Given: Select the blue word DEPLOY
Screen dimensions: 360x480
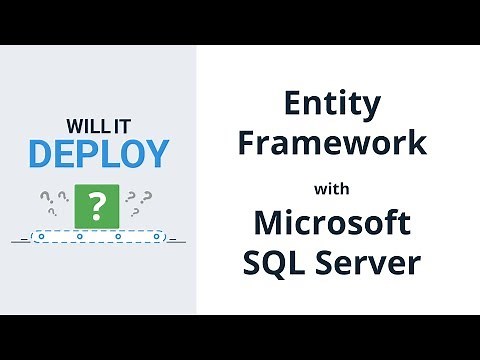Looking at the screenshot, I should coord(98,155).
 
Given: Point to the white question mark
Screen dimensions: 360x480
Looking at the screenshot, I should coord(97,206).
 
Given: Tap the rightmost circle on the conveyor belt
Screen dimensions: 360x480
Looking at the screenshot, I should coord(155,238).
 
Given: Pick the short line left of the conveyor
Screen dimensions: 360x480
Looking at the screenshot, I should coord(20,240).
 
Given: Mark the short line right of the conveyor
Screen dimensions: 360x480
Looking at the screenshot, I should coord(171,240).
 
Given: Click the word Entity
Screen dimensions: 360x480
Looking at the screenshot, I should coord(335,104).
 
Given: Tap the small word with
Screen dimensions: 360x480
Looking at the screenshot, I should coord(335,186).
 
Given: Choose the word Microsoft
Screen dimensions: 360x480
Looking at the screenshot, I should coord(335,222).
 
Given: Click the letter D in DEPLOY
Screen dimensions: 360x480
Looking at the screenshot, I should coord(40,155).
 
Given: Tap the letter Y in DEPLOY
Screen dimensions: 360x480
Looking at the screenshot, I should coord(156,155).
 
